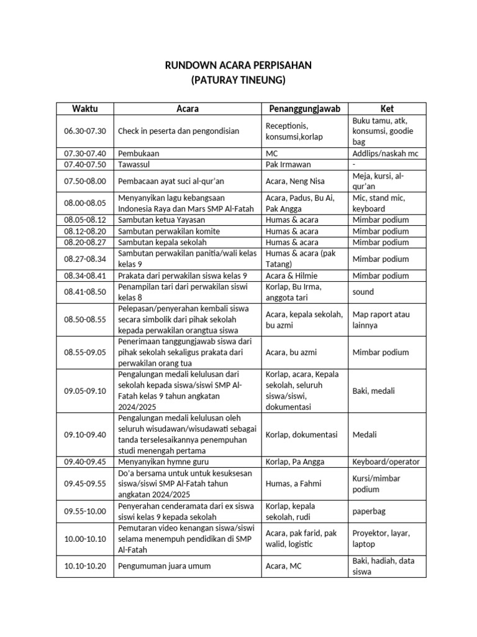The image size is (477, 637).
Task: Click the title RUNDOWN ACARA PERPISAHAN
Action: (238, 65)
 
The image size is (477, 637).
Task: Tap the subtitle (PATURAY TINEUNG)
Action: (238, 80)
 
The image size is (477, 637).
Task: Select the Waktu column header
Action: (85, 108)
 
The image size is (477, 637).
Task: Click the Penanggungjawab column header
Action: (304, 108)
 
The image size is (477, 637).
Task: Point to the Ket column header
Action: (388, 108)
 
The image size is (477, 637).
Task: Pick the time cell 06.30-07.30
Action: (85, 131)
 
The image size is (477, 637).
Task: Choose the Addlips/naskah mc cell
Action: (386, 153)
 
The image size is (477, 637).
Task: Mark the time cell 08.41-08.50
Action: (85, 291)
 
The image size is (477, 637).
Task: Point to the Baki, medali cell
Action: (373, 391)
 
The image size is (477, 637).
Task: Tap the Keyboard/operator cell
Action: (386, 462)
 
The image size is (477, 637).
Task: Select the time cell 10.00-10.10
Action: (85, 539)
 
